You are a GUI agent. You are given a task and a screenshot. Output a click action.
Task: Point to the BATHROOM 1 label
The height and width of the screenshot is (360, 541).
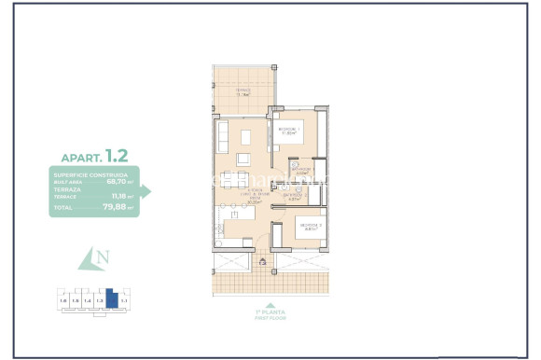click(x=301, y=171)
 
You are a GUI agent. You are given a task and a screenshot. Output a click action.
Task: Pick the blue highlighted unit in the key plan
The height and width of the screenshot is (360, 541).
click(x=111, y=299)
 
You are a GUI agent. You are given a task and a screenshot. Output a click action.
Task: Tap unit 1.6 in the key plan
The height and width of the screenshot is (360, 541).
click(x=62, y=302)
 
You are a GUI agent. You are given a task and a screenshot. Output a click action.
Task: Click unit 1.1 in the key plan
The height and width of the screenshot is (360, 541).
click(x=124, y=302)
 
